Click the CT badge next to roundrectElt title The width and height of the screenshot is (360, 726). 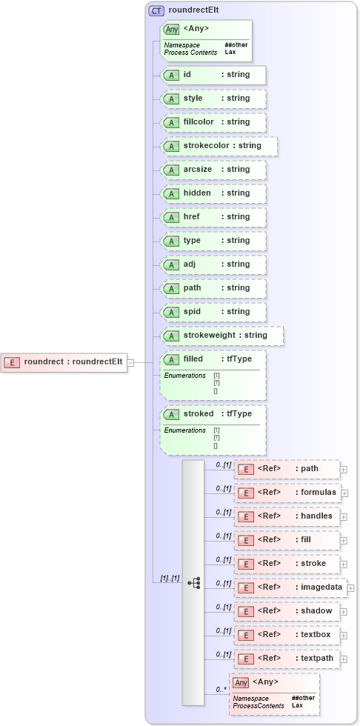pyautogui.click(x=156, y=10)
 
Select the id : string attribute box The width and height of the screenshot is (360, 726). pyautogui.click(x=213, y=75)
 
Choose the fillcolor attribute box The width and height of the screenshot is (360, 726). pyautogui.click(x=213, y=122)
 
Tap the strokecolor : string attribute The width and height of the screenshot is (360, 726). pyautogui.click(x=219, y=146)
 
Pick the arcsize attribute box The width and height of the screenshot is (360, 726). pyautogui.click(x=213, y=170)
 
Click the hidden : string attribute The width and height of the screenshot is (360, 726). pyautogui.click(x=213, y=193)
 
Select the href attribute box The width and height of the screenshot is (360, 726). pyautogui.click(x=213, y=217)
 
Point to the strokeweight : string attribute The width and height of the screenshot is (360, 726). pyautogui.click(x=222, y=336)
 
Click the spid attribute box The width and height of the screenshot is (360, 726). pyautogui.click(x=213, y=312)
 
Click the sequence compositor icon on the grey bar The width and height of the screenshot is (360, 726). pyautogui.click(x=193, y=583)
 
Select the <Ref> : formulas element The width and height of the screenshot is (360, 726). pyautogui.click(x=287, y=493)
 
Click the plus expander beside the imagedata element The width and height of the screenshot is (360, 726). pyautogui.click(x=350, y=587)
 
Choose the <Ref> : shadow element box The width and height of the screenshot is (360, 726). pyautogui.click(x=287, y=611)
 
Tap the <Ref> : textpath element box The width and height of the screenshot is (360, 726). pyautogui.click(x=287, y=659)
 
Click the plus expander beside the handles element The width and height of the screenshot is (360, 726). pyautogui.click(x=344, y=516)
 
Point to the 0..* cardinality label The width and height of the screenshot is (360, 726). pyautogui.click(x=221, y=690)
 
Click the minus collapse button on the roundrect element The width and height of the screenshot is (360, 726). pyautogui.click(x=130, y=362)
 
